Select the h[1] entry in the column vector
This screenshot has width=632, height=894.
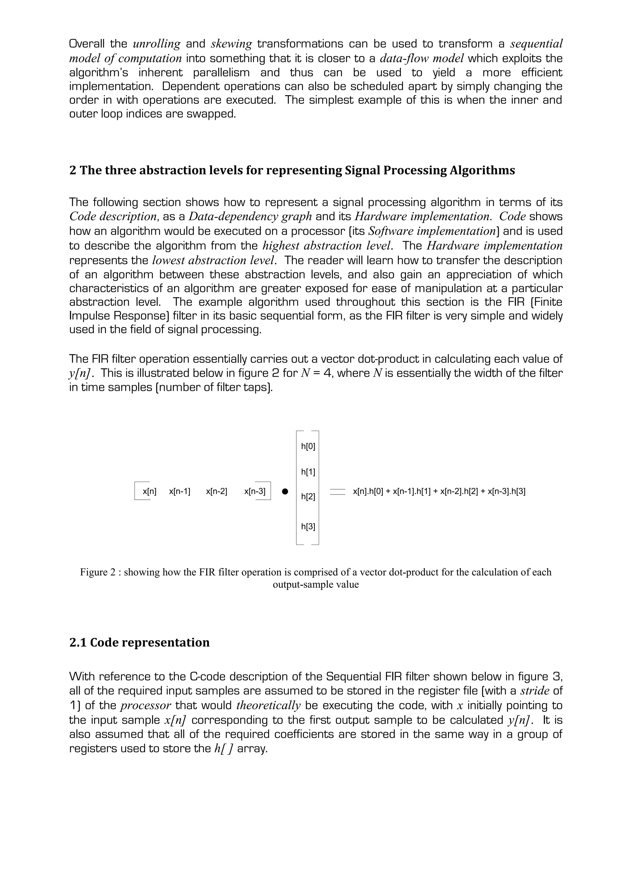point(308,472)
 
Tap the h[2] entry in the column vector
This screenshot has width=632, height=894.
point(308,496)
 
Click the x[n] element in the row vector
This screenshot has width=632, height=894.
point(149,491)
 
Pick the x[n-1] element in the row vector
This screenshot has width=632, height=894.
point(179,491)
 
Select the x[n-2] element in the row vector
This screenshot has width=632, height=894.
point(216,491)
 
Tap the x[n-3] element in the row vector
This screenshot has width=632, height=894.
point(255,491)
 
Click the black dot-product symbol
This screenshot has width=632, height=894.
point(285,492)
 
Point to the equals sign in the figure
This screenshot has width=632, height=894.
point(337,492)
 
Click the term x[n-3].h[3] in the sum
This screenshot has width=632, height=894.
point(506,491)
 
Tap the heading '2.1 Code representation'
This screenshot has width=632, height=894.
point(139,642)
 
